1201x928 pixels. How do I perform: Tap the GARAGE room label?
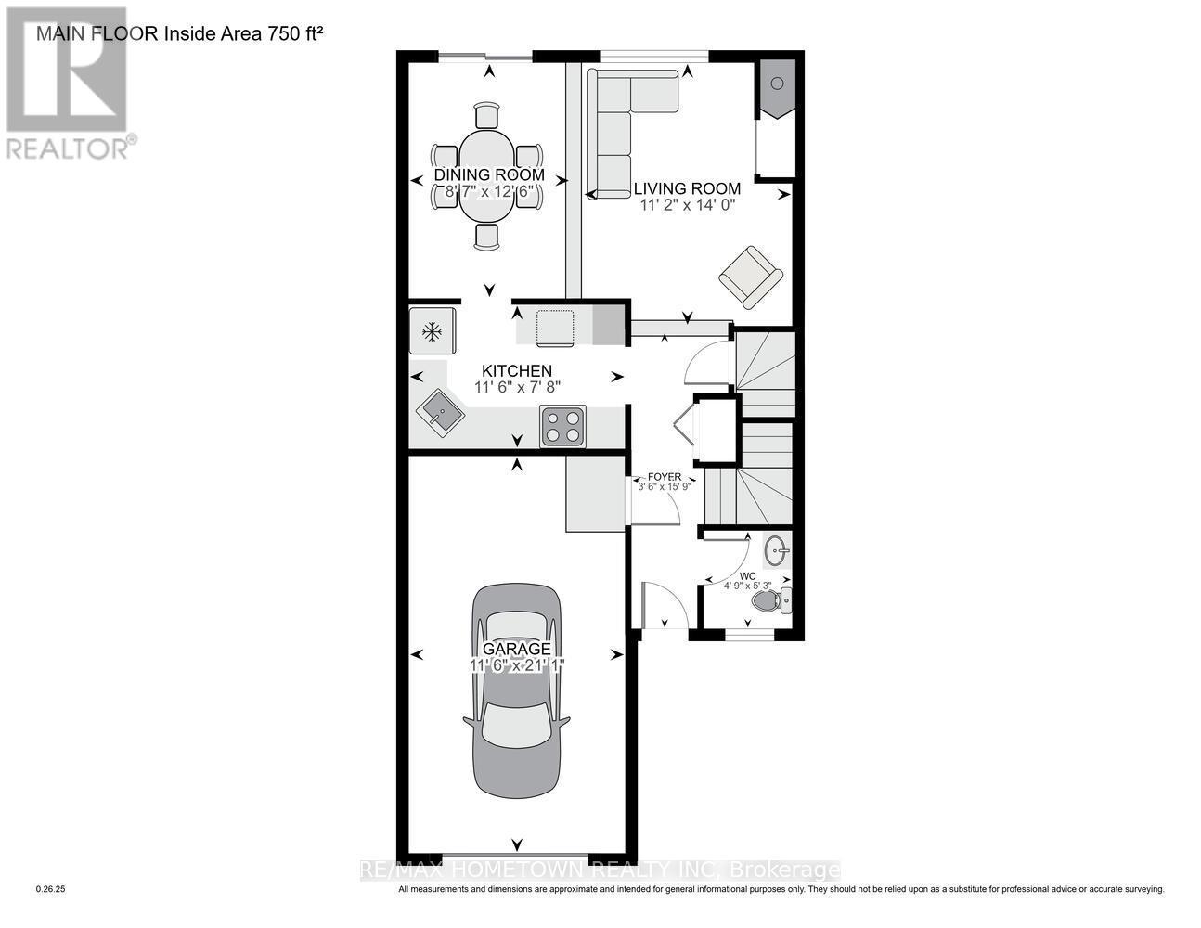(516, 649)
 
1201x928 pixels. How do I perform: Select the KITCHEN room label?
(516, 370)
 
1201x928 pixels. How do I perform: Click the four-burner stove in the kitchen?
(562, 427)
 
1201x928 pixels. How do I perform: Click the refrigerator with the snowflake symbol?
(432, 330)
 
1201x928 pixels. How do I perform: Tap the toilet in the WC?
(770, 601)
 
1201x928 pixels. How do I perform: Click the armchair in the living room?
(750, 276)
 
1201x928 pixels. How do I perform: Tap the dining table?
(487, 175)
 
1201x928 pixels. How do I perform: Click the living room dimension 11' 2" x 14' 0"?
(687, 205)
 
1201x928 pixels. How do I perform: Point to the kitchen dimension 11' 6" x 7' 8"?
(517, 388)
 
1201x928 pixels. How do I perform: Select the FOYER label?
(665, 477)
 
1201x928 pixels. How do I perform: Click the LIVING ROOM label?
(687, 188)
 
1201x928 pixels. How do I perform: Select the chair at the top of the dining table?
(487, 115)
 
